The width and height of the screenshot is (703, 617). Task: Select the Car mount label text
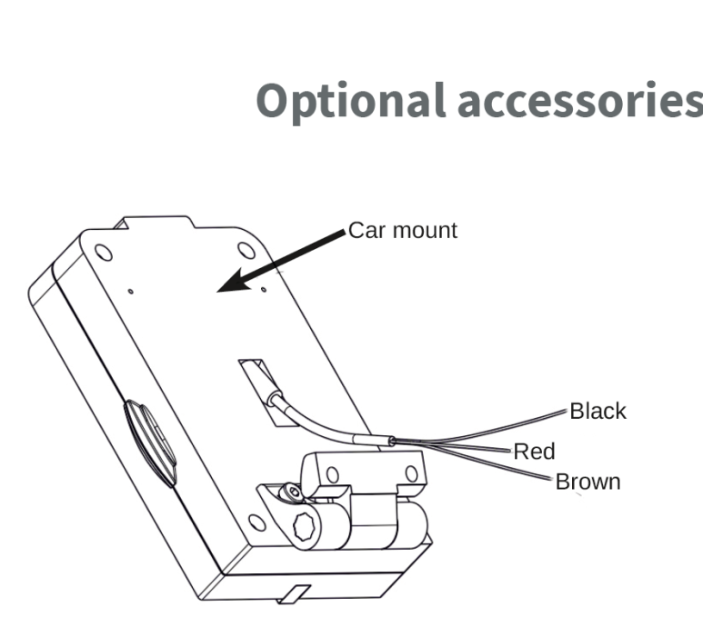pyautogui.click(x=403, y=231)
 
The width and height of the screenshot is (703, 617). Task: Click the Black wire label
pyautogui.click(x=598, y=411)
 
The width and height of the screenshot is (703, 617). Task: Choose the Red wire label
pyautogui.click(x=534, y=451)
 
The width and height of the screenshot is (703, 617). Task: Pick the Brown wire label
pyautogui.click(x=588, y=482)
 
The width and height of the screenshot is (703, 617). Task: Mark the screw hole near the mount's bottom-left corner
pyautogui.click(x=257, y=522)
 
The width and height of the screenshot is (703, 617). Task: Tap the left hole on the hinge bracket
pyautogui.click(x=332, y=473)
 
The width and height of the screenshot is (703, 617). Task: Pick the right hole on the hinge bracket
pyautogui.click(x=411, y=473)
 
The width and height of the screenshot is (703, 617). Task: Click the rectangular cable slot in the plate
pyautogui.click(x=255, y=383)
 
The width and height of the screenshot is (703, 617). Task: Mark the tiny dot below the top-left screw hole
pyautogui.click(x=132, y=292)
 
